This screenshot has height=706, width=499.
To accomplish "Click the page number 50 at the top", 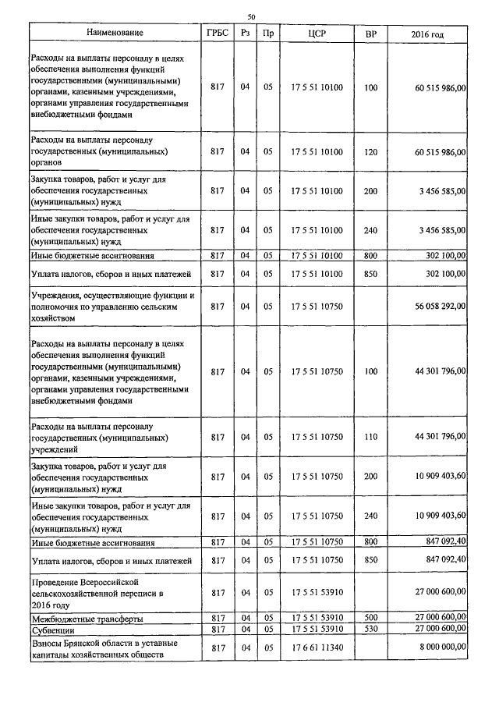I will (x=251, y=16).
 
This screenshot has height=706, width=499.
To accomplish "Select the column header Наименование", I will (x=115, y=34).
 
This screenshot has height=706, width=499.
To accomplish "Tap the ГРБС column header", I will (x=218, y=34).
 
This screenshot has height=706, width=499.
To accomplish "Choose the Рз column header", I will (x=245, y=34).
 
